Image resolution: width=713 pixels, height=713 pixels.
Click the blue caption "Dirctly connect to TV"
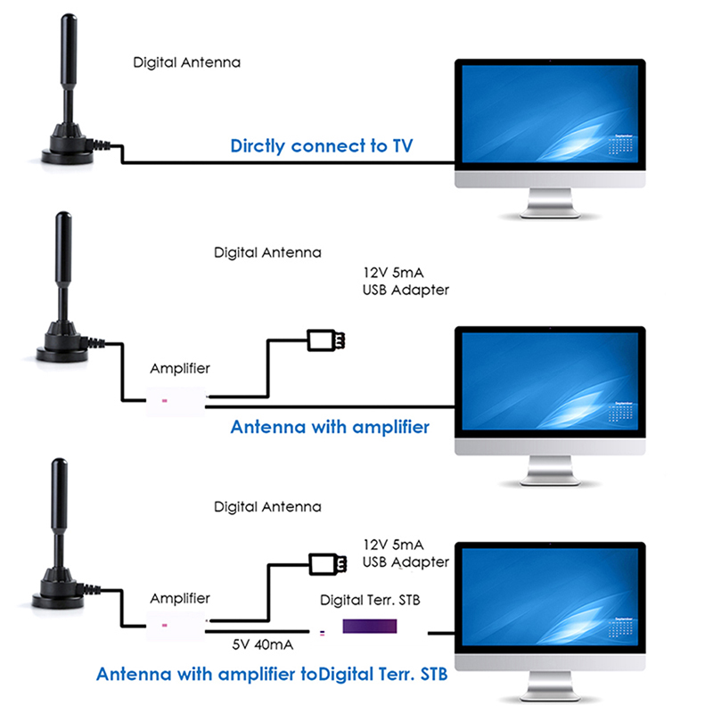322,145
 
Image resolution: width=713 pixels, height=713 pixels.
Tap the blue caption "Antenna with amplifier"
330,427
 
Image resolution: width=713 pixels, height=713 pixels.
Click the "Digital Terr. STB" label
369,600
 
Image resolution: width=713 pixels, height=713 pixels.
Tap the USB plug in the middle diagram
327,340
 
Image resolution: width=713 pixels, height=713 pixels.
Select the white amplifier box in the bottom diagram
175,626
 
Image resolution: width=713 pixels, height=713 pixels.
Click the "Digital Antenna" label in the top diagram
186,63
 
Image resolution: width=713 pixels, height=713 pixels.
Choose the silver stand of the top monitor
549,207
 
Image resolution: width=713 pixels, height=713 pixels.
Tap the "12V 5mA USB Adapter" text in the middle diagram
406,282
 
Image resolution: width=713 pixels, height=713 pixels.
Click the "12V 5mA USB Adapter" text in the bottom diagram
406,553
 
